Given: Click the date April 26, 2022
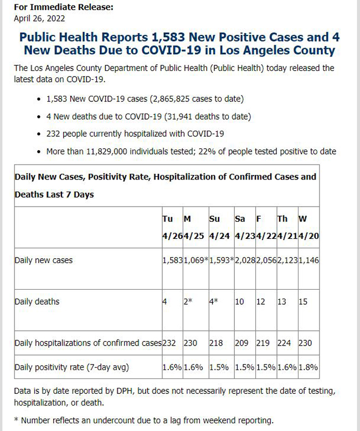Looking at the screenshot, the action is (39, 19).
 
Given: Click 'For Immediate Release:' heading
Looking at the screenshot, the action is (64, 7).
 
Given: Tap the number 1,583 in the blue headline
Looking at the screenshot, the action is (168, 37).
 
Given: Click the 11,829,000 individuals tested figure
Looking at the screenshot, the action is (107, 151).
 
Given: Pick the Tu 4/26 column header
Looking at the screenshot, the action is (172, 227).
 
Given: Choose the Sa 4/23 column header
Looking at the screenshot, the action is (245, 227).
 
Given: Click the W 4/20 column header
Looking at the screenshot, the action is (308, 227).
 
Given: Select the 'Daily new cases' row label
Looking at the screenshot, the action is (43, 260).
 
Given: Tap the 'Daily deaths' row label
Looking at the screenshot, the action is (37, 301).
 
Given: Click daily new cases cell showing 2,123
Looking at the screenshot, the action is (287, 260).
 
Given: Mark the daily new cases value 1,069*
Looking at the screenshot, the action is (196, 260).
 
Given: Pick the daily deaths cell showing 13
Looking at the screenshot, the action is (282, 301).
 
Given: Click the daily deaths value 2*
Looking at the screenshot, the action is (188, 301).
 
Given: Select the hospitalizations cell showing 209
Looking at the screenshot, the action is (241, 343).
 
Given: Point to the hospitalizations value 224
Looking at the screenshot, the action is (284, 343).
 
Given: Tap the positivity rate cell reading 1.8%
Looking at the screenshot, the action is (308, 367).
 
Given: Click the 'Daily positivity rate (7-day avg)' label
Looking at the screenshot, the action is (72, 367).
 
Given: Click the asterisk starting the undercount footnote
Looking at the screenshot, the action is (16, 420).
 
